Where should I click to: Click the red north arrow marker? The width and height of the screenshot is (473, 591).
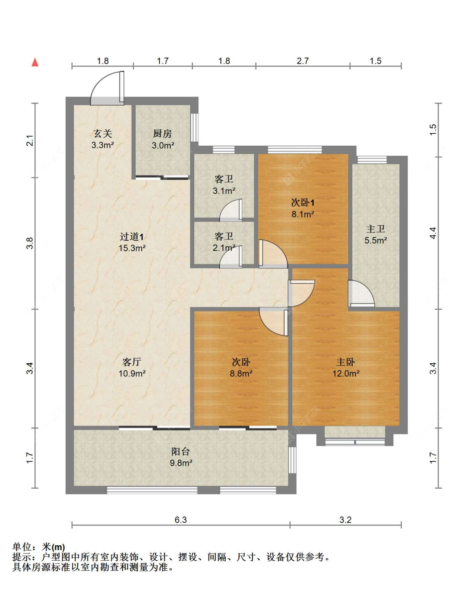[x=35, y=62]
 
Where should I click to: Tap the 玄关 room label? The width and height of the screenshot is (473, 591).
[x=103, y=134]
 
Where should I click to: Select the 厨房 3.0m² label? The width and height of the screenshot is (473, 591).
[x=163, y=139]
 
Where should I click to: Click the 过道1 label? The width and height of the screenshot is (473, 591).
[x=132, y=237]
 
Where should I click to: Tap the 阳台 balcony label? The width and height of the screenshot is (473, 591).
[x=180, y=452]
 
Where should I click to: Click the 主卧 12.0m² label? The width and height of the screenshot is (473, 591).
[x=346, y=368]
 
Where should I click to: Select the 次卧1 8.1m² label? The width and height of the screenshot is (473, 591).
[x=303, y=208]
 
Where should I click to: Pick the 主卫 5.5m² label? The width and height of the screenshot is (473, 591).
[x=375, y=234]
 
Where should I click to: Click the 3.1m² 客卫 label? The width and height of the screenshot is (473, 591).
[x=224, y=184]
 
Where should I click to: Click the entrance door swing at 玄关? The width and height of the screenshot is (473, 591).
[x=107, y=88]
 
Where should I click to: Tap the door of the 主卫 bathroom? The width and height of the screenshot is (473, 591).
[x=361, y=293]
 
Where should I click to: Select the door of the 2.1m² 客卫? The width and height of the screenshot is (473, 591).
[x=231, y=257]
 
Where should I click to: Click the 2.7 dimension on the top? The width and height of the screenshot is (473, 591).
[x=303, y=61]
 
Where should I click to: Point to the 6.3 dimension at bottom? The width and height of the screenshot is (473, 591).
[x=180, y=520]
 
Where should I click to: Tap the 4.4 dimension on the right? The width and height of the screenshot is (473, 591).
[x=433, y=233]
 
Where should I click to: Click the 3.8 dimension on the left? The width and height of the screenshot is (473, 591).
[x=29, y=243]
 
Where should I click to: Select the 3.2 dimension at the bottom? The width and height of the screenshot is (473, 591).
[x=346, y=520]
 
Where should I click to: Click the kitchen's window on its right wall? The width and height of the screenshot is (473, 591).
[x=195, y=127]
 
